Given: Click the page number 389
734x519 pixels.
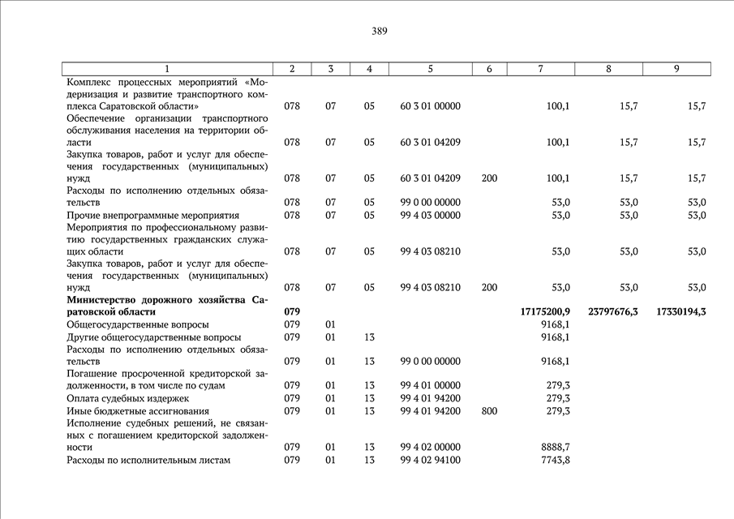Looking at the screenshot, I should [x=380, y=32].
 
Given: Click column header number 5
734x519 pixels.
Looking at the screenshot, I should [x=430, y=69].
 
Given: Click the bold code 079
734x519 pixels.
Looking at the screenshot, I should [x=292, y=311].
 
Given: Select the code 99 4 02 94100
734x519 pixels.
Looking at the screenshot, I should [x=430, y=461].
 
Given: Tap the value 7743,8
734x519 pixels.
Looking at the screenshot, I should [x=555, y=461].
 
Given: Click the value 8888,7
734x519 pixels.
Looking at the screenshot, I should [x=555, y=447].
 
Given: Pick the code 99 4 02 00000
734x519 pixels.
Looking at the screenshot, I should [x=430, y=447].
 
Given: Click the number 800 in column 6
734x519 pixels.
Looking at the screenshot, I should [x=489, y=411].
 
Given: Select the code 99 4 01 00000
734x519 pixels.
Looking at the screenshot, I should [x=430, y=386].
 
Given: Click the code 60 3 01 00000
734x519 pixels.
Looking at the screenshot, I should [x=430, y=106].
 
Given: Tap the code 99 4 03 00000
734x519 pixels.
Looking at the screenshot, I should [x=430, y=215].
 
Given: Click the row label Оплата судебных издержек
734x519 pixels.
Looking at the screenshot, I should [x=127, y=398].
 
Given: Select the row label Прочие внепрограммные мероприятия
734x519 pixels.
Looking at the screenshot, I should [x=152, y=215].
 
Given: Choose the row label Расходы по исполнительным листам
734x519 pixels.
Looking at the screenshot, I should [x=148, y=461].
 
